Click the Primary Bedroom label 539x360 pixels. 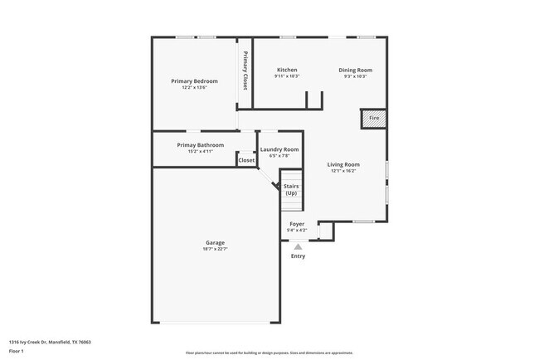tap(194, 80)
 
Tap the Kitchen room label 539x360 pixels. tap(287, 70)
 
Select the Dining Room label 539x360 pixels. tap(355, 70)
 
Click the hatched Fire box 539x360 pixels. tap(374, 119)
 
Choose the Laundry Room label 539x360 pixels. tap(279, 149)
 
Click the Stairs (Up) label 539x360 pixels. tap(291, 189)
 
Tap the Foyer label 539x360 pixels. tap(297, 224)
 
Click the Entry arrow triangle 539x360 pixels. tap(298, 246)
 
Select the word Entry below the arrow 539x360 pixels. tap(298, 256)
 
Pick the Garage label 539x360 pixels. tap(215, 242)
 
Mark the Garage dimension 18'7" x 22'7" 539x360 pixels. tap(215, 249)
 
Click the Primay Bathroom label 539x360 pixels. tap(200, 145)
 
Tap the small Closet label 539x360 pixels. tap(246, 160)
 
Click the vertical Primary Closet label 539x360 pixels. tap(245, 71)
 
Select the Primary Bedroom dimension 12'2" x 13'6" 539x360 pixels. tap(194, 87)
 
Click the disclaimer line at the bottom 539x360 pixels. tap(269, 353)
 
